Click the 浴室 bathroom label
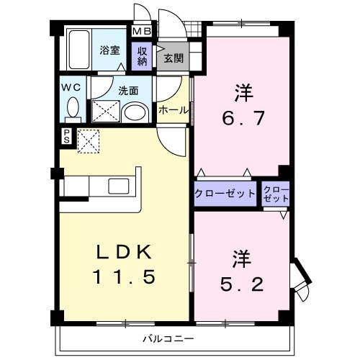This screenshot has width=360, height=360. point(110,50)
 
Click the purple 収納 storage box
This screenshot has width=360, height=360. point(143,56)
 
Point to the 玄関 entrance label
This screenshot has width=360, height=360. point(173,58)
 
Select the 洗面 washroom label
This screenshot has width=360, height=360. point(130,91)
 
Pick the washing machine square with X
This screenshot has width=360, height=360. point(103,112)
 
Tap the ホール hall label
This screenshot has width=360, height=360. point(174,110)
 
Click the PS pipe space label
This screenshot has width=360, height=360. point(66,136)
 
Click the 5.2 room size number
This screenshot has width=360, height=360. point(241,282)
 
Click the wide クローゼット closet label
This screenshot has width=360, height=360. point(225,193)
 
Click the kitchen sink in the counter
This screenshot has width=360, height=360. point(117,185)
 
